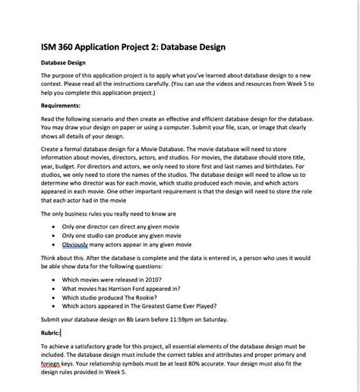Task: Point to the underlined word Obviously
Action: pyautogui.click(x=75, y=245)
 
